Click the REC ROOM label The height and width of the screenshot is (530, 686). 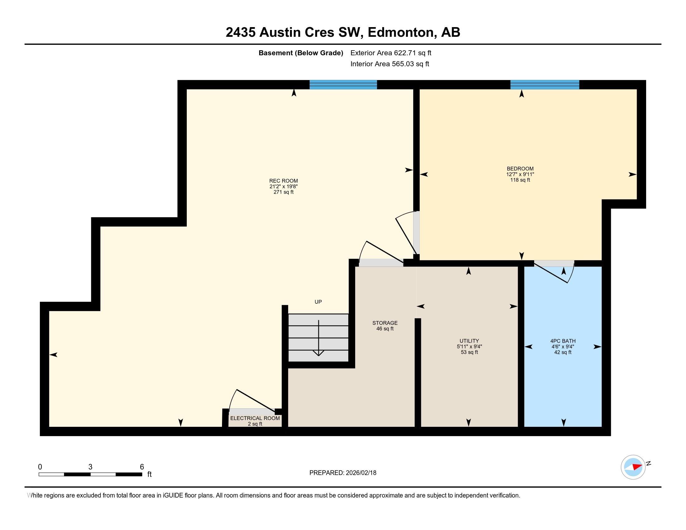[x=283, y=181]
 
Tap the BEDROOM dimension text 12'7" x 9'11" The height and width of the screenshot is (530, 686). [x=520, y=174]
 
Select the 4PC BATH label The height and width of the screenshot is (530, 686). [x=563, y=341]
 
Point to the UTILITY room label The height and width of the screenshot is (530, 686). [x=469, y=341]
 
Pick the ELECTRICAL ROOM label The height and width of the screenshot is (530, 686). [x=255, y=418]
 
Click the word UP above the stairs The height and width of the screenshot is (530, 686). [x=318, y=302]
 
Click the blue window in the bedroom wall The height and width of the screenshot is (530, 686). [x=544, y=85]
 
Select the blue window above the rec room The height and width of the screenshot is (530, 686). [x=343, y=85]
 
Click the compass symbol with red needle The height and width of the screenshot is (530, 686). [x=633, y=467]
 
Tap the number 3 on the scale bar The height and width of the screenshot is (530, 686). [x=90, y=467]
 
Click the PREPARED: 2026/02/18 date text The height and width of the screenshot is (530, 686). [x=343, y=473]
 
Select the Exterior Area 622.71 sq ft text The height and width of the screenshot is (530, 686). [x=390, y=53]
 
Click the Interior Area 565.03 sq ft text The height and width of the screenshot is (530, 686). [x=389, y=64]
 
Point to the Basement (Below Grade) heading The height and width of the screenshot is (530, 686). [x=301, y=53]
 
